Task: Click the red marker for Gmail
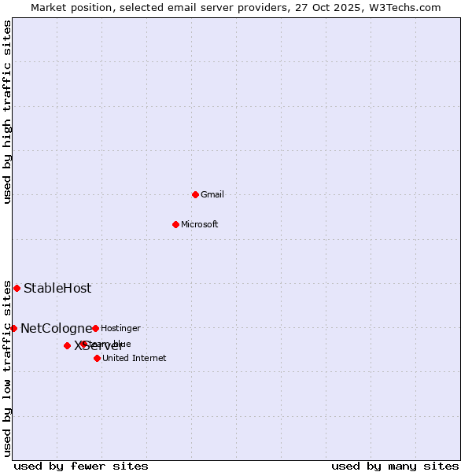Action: [195, 194]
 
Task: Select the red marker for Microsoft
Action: [176, 224]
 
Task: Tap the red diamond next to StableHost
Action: [17, 288]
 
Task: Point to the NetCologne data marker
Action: [13, 328]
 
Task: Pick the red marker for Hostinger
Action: [95, 328]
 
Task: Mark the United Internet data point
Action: [97, 358]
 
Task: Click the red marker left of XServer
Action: [67, 345]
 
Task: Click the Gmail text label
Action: [212, 194]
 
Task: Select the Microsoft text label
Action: [200, 224]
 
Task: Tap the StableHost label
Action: [57, 288]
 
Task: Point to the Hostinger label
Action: [120, 328]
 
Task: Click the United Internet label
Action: [134, 358]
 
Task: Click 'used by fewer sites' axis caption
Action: [81, 466]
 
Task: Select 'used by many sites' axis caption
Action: [395, 466]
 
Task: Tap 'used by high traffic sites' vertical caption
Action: [8, 112]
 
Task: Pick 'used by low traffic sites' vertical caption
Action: [8, 368]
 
